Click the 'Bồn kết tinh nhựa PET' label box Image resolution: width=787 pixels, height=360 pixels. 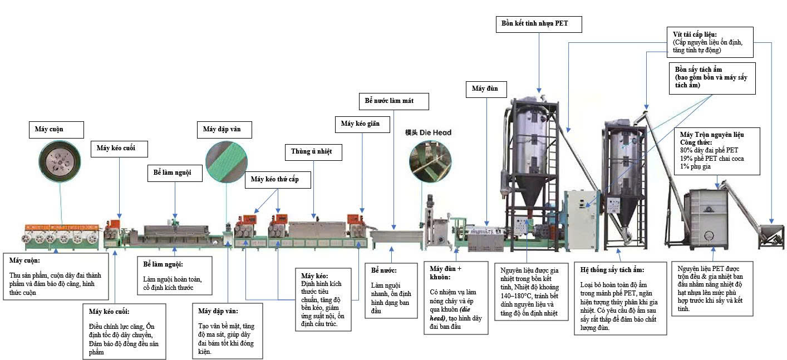point(539,24)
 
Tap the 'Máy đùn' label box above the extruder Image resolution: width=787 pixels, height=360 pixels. point(486,89)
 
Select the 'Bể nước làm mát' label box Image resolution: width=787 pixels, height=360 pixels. point(394,101)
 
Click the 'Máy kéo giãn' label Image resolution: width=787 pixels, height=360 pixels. point(362,124)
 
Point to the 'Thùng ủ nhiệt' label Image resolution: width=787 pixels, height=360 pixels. point(313,152)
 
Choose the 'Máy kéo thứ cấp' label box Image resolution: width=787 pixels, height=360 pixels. point(278,180)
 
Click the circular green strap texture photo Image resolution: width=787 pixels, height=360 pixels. point(227,162)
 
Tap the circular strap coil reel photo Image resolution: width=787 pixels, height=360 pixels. point(60,161)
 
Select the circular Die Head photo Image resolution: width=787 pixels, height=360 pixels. point(430,161)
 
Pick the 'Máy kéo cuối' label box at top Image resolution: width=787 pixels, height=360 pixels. point(119,149)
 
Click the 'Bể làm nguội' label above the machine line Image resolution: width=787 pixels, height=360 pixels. point(175,173)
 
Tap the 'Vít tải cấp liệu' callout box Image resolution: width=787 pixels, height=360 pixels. point(710,42)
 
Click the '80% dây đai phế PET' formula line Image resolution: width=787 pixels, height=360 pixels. point(709,150)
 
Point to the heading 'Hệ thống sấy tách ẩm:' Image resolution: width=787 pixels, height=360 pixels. point(612,270)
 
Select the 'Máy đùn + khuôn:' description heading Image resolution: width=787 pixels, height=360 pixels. point(445,273)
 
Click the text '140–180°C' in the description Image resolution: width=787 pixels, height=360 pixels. point(516,295)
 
